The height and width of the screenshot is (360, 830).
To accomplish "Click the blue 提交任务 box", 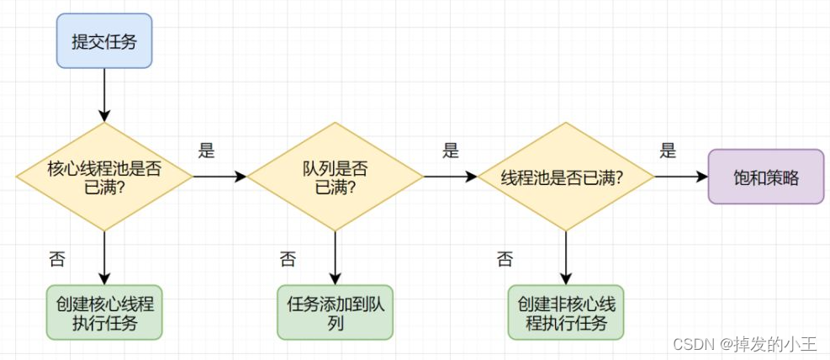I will click(x=104, y=40).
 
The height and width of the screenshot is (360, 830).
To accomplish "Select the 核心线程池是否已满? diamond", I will click(x=104, y=177).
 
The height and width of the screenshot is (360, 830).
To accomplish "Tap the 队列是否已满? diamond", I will click(x=335, y=177).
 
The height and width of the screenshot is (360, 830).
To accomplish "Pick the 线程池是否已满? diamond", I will click(x=565, y=177).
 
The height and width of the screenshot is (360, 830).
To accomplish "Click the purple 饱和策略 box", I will click(x=765, y=177).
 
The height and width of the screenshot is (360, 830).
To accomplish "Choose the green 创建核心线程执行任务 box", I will click(x=104, y=312).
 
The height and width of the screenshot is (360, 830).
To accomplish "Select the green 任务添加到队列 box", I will click(x=335, y=312).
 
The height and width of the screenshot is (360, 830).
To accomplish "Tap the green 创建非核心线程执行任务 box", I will click(x=566, y=312).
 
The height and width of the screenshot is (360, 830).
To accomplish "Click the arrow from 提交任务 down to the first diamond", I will click(x=104, y=94).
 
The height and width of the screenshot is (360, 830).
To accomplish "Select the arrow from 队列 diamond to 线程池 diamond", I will click(x=450, y=177).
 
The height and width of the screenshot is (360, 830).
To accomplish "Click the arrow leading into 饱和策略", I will click(x=681, y=177).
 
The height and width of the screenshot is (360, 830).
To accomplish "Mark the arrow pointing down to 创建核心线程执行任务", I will click(x=104, y=257).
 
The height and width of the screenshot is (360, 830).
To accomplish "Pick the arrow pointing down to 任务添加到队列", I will click(x=335, y=257).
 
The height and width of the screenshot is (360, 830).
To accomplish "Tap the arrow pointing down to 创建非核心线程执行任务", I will click(x=565, y=257).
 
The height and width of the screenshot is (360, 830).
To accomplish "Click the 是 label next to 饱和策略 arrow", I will click(x=668, y=151).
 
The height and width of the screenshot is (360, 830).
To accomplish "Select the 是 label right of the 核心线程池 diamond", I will click(x=207, y=151).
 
